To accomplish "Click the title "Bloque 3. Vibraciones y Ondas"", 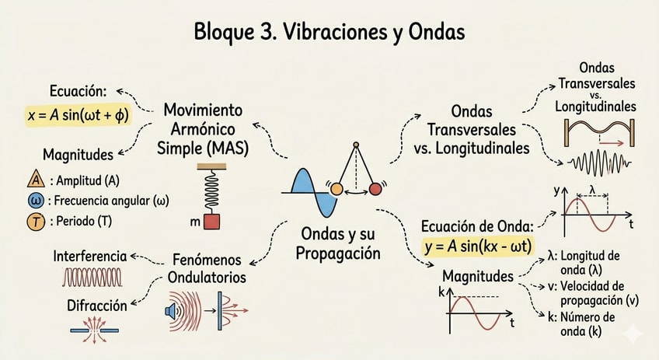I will pos(329,33).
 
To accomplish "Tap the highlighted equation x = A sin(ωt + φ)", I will pos(78,115).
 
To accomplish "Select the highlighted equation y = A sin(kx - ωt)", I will pos(478,245).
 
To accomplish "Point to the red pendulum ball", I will pos(377,188).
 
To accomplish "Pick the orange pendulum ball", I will pos(336,189).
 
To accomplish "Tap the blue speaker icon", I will pos(173,311).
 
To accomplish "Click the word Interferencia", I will pos(89,256).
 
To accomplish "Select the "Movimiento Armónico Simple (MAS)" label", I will pos(204,128).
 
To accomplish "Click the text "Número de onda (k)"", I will pos(588,323).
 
